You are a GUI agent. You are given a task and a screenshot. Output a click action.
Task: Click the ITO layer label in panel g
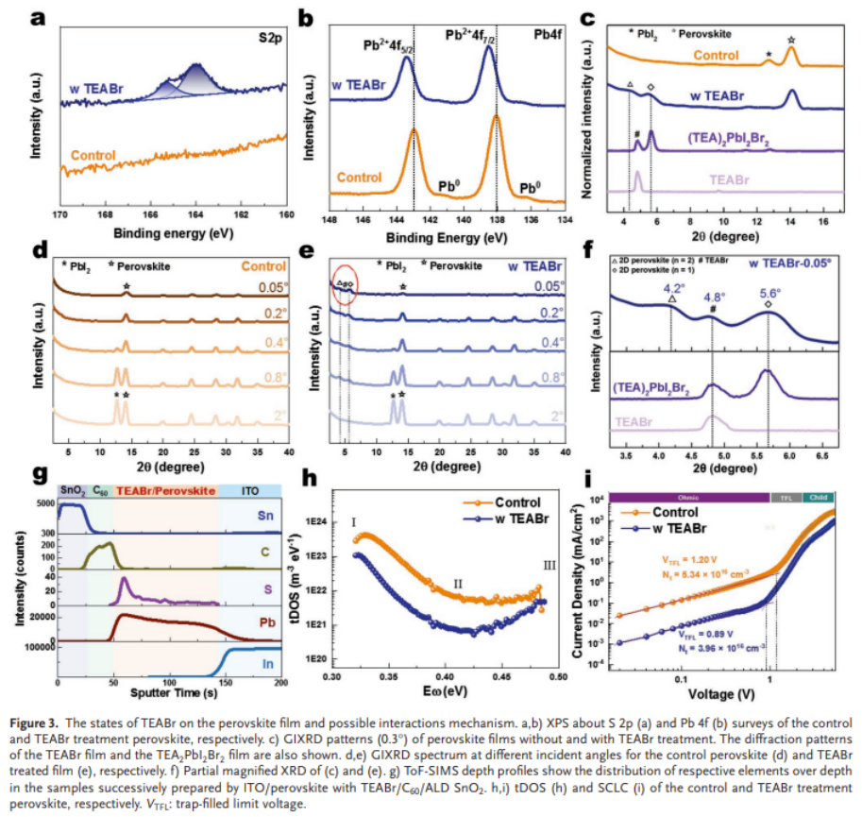click(250, 491)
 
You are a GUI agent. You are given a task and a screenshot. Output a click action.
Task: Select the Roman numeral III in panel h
click(551, 565)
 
